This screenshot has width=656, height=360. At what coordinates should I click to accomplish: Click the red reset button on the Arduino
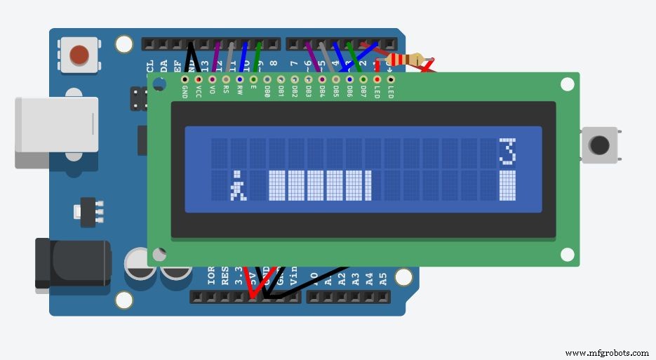[x=79, y=54]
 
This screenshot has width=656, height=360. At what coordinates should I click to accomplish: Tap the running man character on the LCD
[x=239, y=188]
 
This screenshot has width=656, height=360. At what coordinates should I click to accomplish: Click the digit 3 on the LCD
[x=507, y=150]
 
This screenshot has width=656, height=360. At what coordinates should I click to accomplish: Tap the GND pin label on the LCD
[x=185, y=92]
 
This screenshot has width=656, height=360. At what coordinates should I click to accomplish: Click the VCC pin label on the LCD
[x=199, y=92]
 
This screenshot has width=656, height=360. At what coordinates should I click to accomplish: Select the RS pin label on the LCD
[x=226, y=91]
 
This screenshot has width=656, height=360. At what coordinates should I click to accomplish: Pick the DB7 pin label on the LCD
[x=363, y=92]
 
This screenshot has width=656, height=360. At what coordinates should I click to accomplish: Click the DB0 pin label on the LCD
[x=267, y=92]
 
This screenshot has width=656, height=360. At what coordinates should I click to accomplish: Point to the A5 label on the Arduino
[x=383, y=277]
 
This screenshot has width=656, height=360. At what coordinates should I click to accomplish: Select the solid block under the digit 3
[x=507, y=185]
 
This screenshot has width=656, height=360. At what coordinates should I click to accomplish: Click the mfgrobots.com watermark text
[x=607, y=352]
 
